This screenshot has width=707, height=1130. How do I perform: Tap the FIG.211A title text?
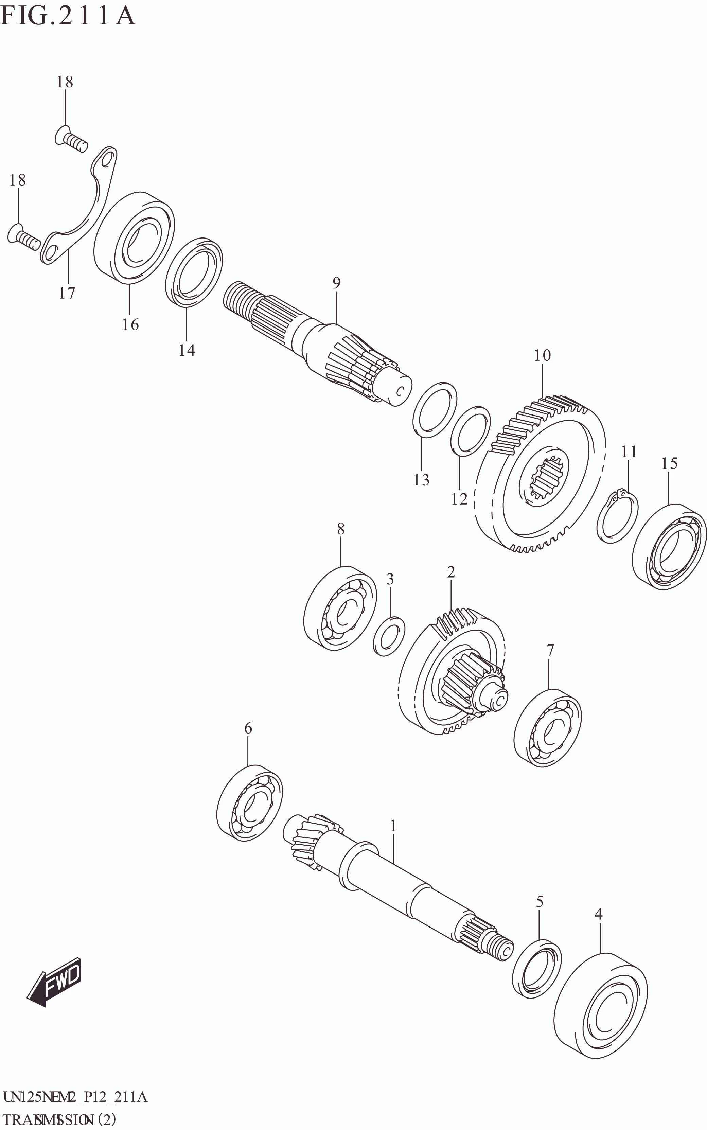pyautogui.click(x=68, y=16)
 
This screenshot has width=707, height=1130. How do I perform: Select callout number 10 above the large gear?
pyautogui.click(x=543, y=355)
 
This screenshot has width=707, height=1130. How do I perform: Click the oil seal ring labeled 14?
pyautogui.click(x=194, y=272)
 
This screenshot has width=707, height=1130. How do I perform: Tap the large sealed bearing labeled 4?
pyautogui.click(x=600, y=1006)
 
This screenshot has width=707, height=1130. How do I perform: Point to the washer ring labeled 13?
pyautogui.click(x=435, y=409)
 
